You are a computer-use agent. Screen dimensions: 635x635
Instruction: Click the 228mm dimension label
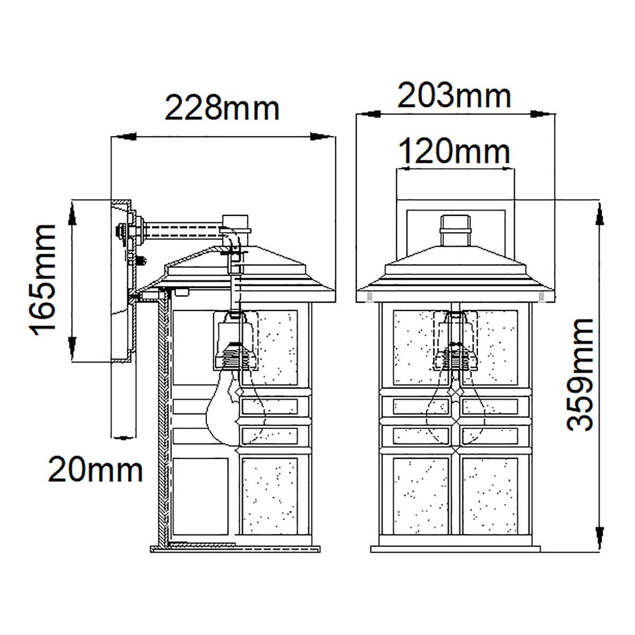coord(222,108)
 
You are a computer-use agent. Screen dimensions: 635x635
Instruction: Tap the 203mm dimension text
coord(454,96)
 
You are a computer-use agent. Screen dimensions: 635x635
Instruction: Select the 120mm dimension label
coord(454,152)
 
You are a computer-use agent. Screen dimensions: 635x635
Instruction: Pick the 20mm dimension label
coord(96,469)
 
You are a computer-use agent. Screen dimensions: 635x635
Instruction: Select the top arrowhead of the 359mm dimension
coord(600,214)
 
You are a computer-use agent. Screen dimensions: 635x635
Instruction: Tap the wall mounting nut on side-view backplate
coord(122,230)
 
